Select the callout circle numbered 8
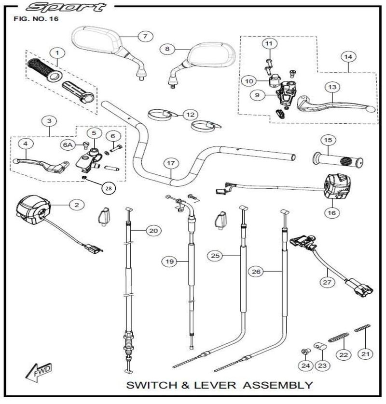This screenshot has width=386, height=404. tap(167, 49)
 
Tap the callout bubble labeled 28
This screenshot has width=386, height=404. tap(108, 188)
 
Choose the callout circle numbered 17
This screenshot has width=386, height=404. tap(170, 163)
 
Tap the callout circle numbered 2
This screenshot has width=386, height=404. tap(76, 205)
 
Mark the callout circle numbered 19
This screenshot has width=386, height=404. tap(168, 261)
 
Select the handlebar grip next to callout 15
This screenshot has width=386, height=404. tap(338, 159)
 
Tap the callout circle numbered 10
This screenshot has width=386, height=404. tap(248, 81)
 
